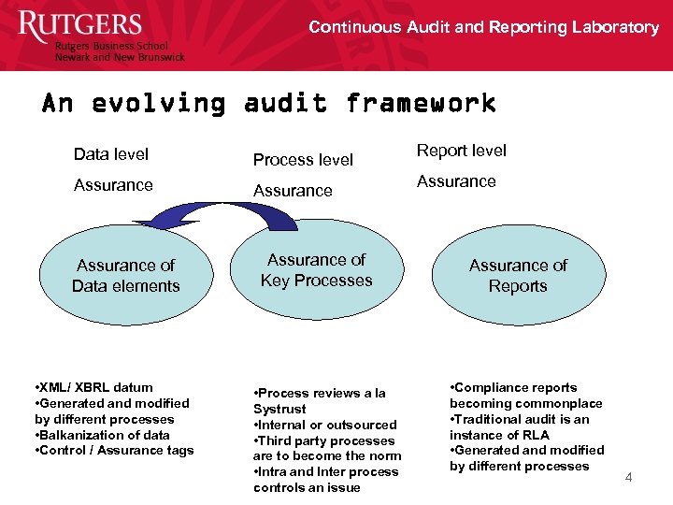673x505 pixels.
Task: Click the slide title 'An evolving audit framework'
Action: pos(268,102)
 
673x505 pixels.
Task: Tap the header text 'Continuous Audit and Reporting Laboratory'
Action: pos(483,27)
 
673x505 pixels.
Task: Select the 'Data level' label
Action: pos(111,154)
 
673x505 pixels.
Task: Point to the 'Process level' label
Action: pos(304,160)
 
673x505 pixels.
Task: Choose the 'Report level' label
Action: pos(462,150)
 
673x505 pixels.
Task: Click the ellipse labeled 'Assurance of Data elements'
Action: pos(125,276)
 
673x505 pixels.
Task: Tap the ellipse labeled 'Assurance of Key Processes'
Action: pos(316,270)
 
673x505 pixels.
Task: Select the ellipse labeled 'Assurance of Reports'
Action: pos(518,276)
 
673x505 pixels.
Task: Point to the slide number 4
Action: pos(628,478)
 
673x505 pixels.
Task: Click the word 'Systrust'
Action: pos(279,409)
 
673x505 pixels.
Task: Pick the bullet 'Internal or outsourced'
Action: pos(325,425)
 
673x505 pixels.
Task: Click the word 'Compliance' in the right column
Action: pos(491,387)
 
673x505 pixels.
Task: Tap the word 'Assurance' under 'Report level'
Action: pos(456,180)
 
